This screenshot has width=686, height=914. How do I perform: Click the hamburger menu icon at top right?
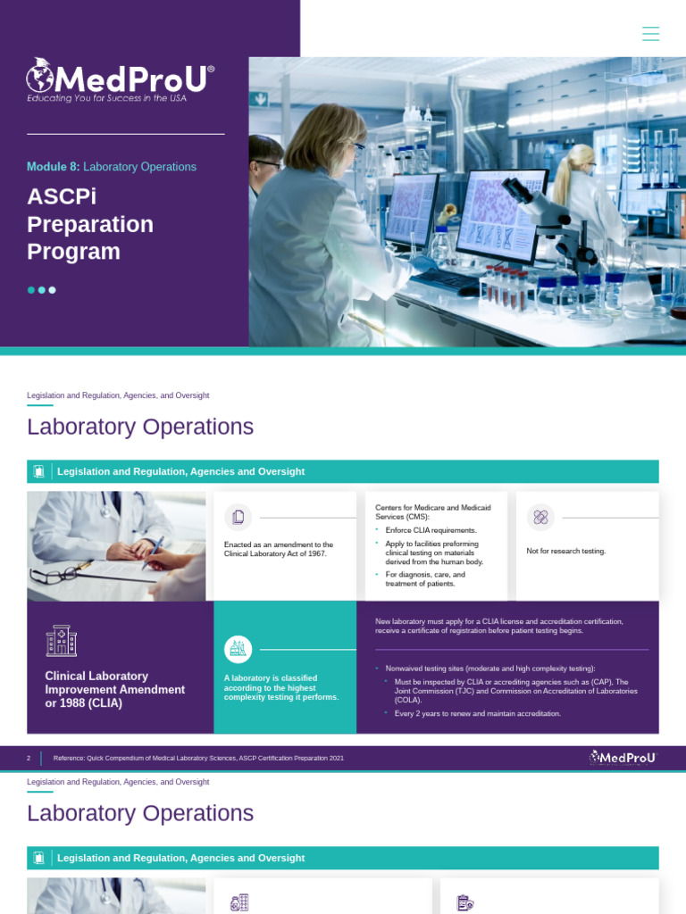tap(650, 34)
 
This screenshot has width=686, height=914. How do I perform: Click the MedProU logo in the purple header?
tap(120, 79)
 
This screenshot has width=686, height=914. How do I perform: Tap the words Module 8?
tap(53, 167)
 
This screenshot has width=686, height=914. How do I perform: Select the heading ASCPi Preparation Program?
tap(89, 224)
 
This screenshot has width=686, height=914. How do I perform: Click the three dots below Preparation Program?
tap(41, 290)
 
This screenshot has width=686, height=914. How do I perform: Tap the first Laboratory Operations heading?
tap(140, 427)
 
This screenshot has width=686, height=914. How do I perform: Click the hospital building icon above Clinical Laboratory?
tap(61, 640)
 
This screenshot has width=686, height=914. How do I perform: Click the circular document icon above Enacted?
tap(238, 517)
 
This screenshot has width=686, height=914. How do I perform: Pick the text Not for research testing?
tap(566, 551)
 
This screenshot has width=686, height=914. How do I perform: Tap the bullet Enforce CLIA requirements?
tap(431, 530)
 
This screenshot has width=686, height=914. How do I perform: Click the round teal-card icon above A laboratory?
tap(238, 649)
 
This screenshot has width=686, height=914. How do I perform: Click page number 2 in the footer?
tap(29, 758)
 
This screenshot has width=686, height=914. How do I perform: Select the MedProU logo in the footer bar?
tap(623, 758)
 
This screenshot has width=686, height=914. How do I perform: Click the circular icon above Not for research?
tap(540, 517)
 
